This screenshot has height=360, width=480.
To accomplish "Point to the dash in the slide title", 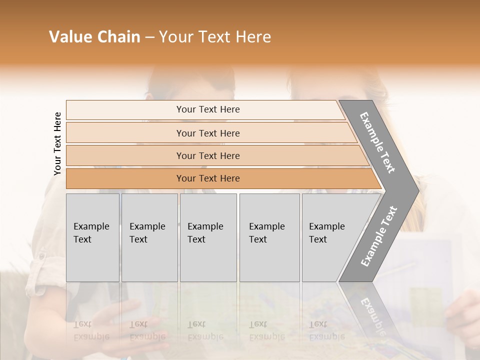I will coord(149,37).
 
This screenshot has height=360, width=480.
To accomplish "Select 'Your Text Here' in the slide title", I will coord(215,37).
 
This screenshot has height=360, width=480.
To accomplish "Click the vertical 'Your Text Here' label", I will coord(57,143).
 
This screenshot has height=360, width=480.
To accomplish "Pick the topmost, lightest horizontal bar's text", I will coord(208,109).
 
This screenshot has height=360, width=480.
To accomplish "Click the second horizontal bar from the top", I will coord(208,133).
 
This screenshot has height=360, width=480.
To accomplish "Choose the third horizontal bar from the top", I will coord(208,155).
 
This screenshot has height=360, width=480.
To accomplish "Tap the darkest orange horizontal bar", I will coord(208,178).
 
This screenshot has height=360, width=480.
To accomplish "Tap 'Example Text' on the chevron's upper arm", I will coord(377,142).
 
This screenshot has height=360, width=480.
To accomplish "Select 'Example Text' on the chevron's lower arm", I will coord(378,236).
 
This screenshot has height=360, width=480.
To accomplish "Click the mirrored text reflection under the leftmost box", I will coord(91,330).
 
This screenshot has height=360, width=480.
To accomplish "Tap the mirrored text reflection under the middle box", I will coord(205,330).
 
